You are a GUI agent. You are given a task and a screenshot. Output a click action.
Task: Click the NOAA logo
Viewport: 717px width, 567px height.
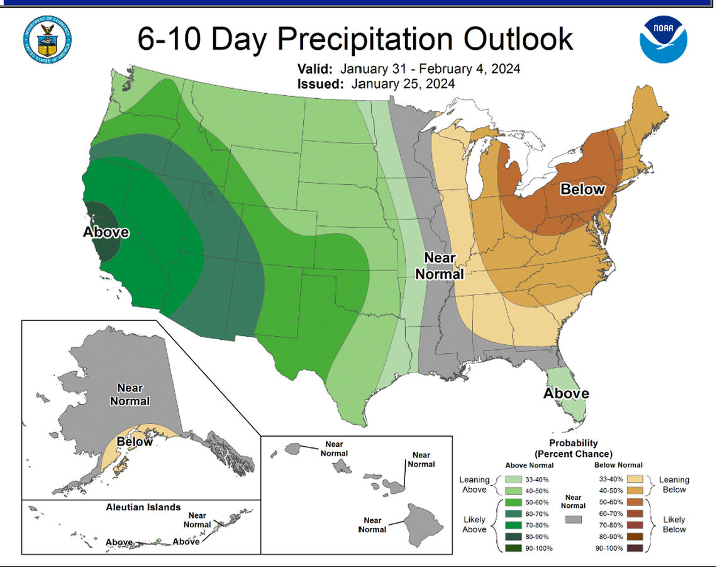pyautogui.click(x=664, y=40)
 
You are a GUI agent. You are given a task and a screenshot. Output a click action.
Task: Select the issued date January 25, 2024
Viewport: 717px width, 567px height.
pyautogui.click(x=403, y=84)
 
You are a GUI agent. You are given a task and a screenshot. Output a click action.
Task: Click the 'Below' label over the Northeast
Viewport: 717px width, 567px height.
pyautogui.click(x=582, y=189)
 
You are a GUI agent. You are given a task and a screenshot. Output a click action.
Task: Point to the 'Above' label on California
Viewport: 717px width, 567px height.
pyautogui.click(x=106, y=232)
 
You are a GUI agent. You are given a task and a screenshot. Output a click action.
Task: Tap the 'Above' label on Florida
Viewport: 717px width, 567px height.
pyautogui.click(x=566, y=394)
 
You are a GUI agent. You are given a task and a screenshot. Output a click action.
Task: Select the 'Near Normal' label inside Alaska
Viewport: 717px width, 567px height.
pyautogui.click(x=130, y=395)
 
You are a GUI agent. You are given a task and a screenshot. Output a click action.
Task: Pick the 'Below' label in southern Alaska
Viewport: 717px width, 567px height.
pyautogui.click(x=135, y=441)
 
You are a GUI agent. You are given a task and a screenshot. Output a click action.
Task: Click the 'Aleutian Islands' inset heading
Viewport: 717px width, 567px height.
pyautogui.click(x=143, y=507)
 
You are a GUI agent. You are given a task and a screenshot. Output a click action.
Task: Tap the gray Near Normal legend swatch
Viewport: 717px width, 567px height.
pyautogui.click(x=573, y=520)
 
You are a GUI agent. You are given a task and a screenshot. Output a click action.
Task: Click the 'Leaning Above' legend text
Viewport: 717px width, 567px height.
pyautogui.click(x=474, y=485)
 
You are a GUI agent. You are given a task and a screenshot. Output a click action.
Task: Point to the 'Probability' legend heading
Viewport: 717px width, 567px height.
pyautogui.click(x=572, y=443)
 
